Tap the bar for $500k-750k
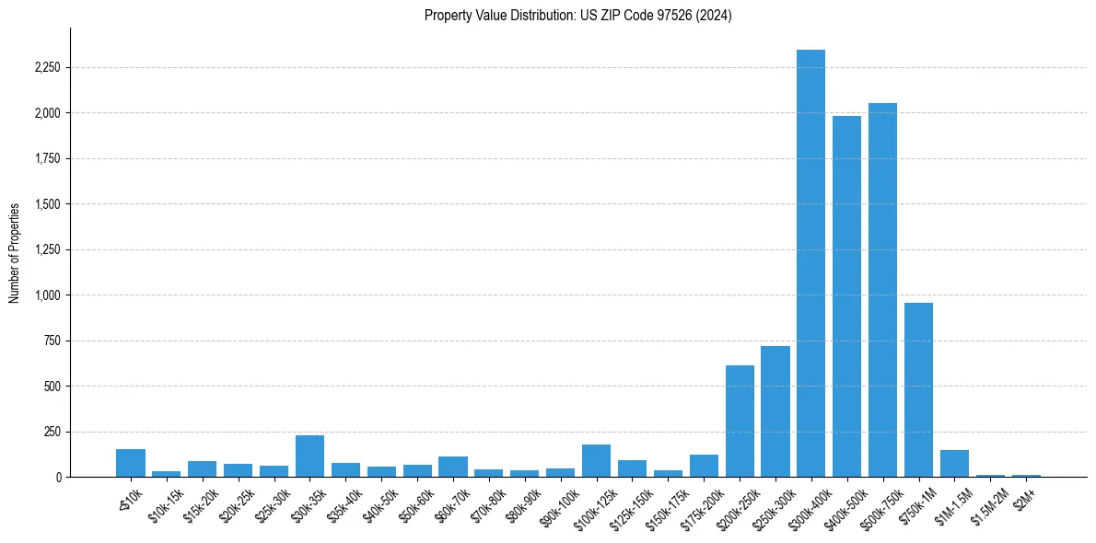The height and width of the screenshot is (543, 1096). (882, 290)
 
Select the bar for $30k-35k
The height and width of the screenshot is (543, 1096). (309, 456)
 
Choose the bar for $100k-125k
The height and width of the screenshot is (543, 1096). (596, 460)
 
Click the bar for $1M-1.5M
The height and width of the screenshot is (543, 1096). (954, 463)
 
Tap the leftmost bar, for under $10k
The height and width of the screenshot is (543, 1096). (131, 463)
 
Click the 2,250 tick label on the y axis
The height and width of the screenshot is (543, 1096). (47, 68)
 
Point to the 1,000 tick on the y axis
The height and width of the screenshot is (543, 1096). (47, 295)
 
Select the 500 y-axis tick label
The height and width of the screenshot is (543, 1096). (52, 387)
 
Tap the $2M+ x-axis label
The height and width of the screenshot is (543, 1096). (1024, 497)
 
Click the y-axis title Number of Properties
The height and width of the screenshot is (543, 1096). (15, 253)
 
